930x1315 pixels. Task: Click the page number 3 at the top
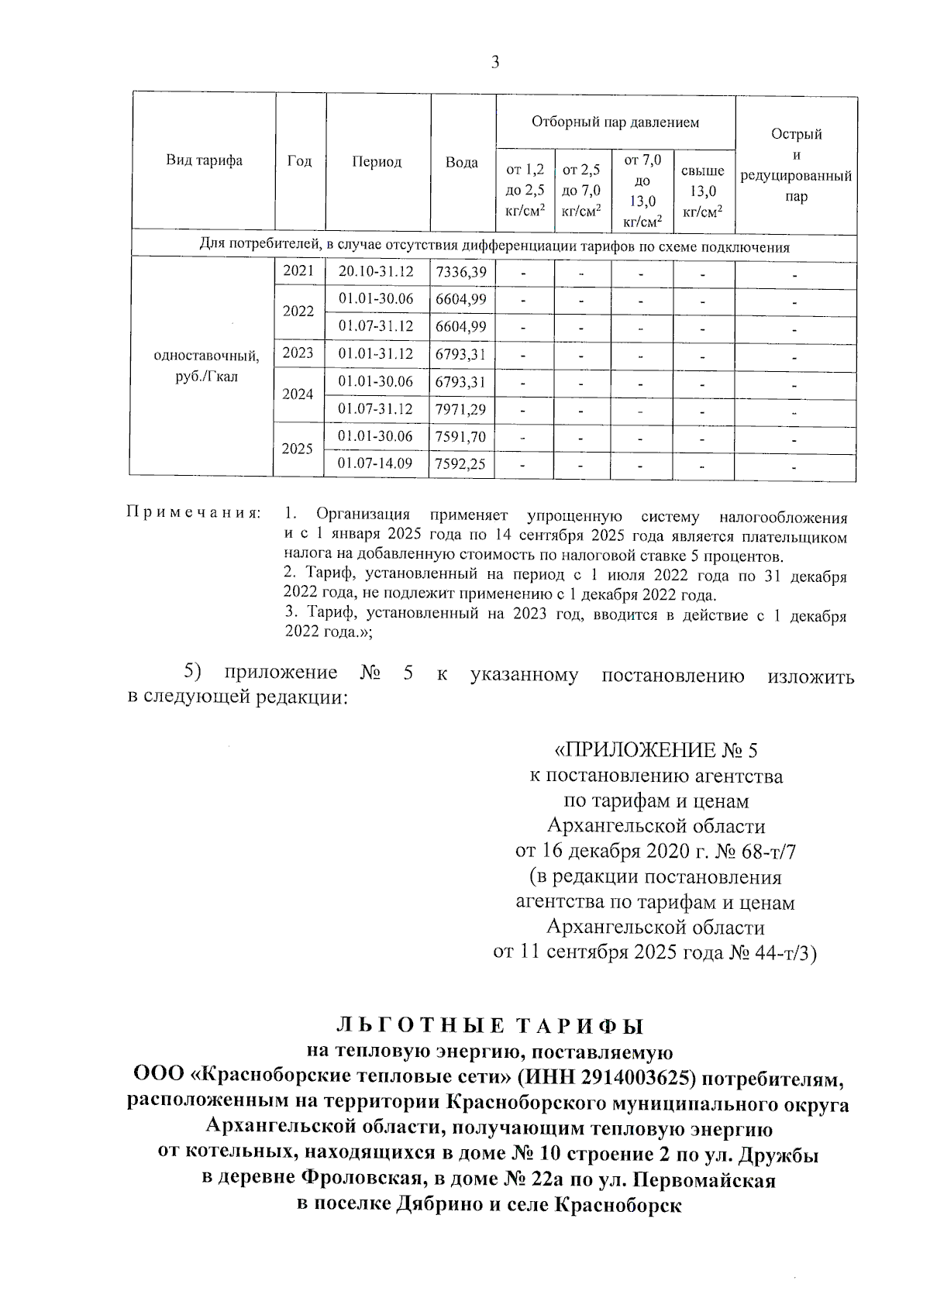click(495, 63)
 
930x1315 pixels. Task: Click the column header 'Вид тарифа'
click(204, 161)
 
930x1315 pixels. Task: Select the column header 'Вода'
click(462, 163)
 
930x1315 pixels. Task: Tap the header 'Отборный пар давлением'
click(615, 122)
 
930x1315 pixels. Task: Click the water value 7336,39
click(461, 272)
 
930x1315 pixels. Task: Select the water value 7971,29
click(461, 409)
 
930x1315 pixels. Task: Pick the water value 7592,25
click(461, 464)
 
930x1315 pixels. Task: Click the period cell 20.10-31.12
click(376, 272)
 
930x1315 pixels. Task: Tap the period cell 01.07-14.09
click(376, 464)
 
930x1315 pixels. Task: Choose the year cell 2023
click(298, 353)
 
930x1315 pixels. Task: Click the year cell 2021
click(298, 271)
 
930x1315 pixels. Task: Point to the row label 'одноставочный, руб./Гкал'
click(206, 367)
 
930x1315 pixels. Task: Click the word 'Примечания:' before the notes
click(193, 514)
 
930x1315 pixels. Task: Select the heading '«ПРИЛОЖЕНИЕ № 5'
click(656, 750)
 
